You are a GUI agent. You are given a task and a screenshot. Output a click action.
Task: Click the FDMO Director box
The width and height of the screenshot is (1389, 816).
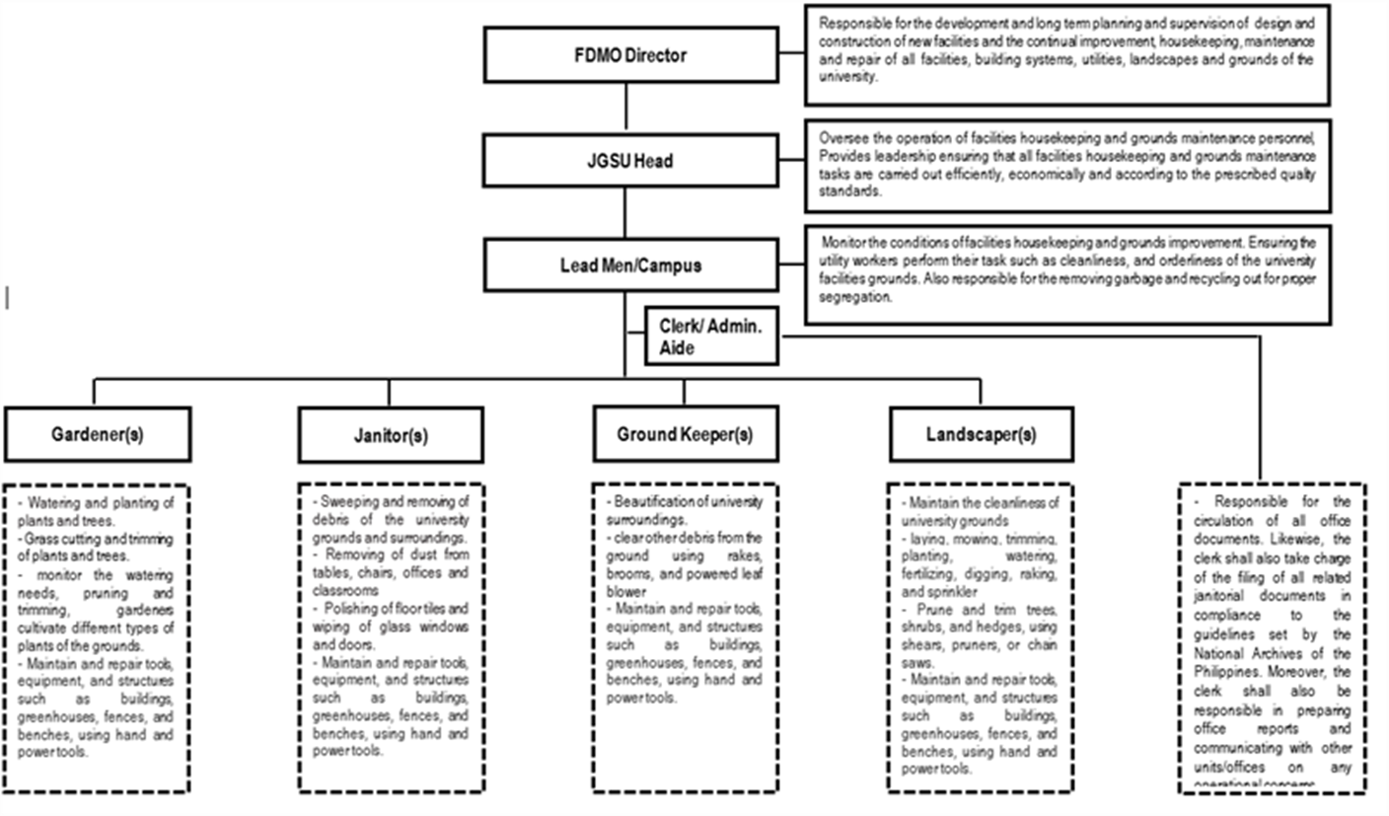630,55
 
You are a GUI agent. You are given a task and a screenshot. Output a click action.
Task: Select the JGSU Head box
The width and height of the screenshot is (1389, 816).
630,160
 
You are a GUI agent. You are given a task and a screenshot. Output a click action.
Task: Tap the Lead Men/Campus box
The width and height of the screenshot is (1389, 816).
630,264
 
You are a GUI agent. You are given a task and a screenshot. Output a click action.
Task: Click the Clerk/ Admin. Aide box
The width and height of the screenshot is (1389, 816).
711,335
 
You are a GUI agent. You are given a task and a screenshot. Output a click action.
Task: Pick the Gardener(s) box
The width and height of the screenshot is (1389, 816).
98,435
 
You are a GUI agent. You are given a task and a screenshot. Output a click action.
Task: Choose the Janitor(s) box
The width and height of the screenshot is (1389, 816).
391,435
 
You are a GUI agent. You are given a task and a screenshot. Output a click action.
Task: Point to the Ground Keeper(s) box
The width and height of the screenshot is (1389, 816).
685,434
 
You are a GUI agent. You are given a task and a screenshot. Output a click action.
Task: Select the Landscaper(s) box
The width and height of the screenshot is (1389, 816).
981,434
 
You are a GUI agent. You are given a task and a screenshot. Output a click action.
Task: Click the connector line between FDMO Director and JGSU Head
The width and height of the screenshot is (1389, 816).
625,108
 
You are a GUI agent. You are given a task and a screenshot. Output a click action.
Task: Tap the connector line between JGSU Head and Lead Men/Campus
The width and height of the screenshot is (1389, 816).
625,212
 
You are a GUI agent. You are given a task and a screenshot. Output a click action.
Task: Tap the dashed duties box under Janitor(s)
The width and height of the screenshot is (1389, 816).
391,636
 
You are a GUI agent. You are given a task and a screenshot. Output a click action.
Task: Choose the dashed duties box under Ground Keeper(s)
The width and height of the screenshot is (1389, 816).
685,636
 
